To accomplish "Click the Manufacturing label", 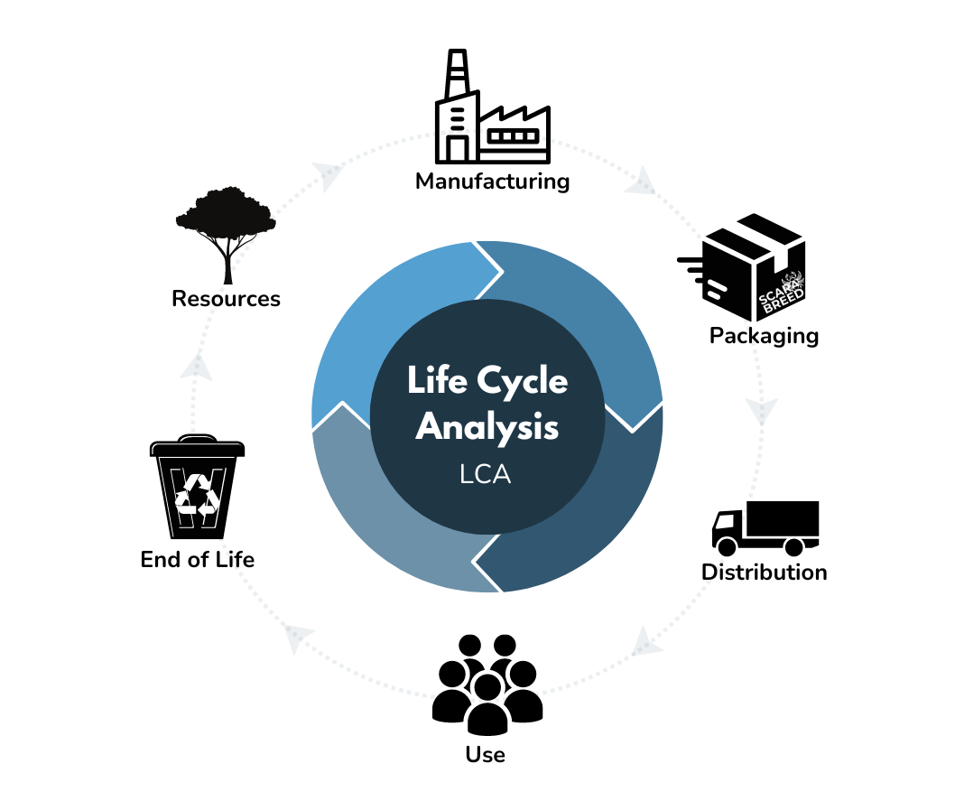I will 492,182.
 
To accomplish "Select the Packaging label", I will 764,336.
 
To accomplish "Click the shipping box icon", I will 748,267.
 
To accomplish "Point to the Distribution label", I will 764,572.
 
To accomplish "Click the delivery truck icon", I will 765,528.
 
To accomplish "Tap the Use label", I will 485,754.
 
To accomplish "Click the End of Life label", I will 197,559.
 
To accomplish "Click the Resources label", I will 226,298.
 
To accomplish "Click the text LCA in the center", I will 486,474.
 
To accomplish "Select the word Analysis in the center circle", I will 487,426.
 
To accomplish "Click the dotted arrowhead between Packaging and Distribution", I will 764,413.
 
